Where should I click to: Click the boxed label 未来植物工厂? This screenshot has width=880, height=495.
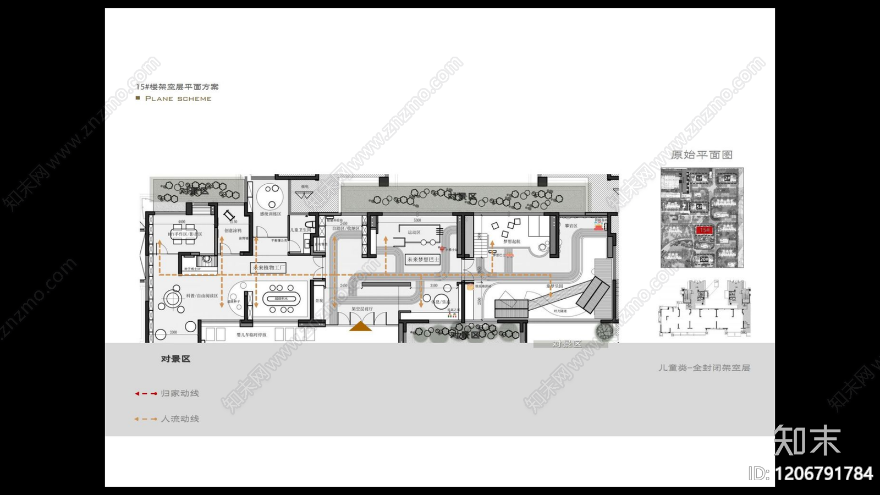(x=268, y=268)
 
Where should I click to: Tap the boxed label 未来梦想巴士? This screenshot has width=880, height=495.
(x=423, y=260)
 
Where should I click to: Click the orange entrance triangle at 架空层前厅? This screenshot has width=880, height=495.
(x=360, y=327)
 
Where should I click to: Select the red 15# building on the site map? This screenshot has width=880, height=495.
(x=705, y=230)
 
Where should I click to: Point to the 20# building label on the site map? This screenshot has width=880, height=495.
(x=704, y=259)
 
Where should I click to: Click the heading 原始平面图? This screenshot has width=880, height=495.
(x=702, y=155)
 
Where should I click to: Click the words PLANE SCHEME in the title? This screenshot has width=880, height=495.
(x=178, y=99)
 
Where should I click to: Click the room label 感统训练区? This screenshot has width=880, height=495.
(x=271, y=214)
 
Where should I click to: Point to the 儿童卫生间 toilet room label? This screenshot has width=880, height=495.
(x=301, y=230)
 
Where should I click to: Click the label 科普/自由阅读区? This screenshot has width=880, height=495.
(x=202, y=296)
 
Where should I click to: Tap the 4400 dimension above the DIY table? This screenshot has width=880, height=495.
(x=182, y=222)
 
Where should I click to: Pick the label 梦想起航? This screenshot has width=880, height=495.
(x=512, y=241)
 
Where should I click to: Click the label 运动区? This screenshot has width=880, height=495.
(x=414, y=233)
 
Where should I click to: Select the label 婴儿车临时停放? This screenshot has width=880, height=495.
(x=251, y=334)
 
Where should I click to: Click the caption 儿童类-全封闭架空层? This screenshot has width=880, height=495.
(x=705, y=368)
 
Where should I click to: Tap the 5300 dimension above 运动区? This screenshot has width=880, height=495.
(x=417, y=221)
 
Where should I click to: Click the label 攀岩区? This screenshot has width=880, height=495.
(x=571, y=226)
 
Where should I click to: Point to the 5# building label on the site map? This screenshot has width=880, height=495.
(x=699, y=207)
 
